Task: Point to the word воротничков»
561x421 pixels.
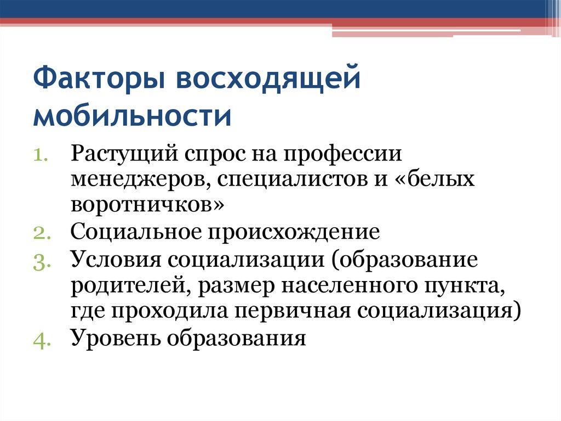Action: click(147, 205)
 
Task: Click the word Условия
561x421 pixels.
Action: click(115, 259)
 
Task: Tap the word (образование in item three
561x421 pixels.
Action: click(403, 259)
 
